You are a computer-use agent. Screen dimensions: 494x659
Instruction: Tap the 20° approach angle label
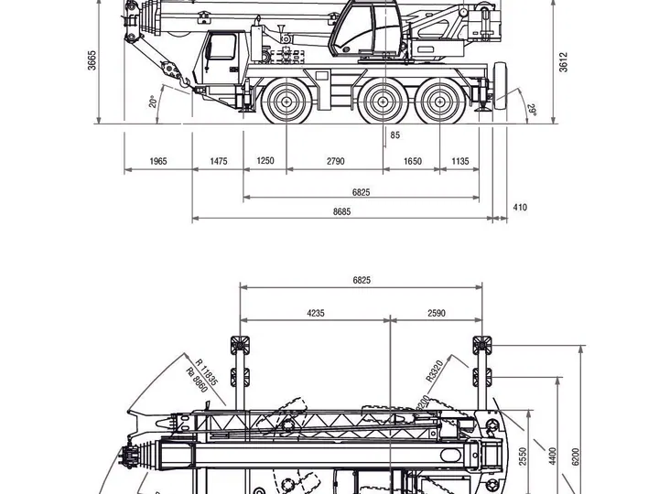pyautogui.click(x=154, y=101)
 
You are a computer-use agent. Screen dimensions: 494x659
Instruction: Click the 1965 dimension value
pyautogui.click(x=158, y=161)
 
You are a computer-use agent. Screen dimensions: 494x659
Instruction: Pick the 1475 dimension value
pyautogui.click(x=218, y=161)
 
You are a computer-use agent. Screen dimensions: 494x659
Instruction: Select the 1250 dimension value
pyautogui.click(x=265, y=161)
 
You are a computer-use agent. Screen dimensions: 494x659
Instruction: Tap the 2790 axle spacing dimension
pyautogui.click(x=335, y=161)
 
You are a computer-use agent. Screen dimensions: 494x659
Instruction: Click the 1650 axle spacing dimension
pyautogui.click(x=412, y=161)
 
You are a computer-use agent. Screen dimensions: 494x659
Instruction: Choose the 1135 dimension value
pyautogui.click(x=459, y=161)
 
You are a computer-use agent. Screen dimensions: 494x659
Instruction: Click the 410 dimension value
pyautogui.click(x=520, y=208)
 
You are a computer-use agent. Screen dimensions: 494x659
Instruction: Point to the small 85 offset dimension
pyautogui.click(x=394, y=135)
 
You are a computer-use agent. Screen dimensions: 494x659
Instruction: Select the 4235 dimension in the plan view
pyautogui.click(x=315, y=313)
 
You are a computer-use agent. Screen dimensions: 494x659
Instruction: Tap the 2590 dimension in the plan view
pyautogui.click(x=436, y=313)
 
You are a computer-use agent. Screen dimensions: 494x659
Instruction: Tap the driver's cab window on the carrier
pyautogui.click(x=221, y=48)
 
